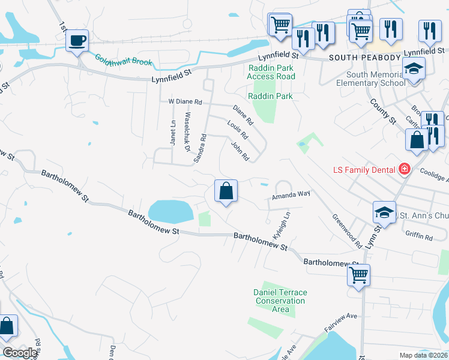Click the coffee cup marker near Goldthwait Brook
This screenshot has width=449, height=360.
[x=77, y=41]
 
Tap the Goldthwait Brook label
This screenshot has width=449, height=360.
[x=123, y=60]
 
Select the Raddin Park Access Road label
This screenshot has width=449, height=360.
[x=271, y=72]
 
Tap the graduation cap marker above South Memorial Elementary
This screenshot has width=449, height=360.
[x=414, y=68]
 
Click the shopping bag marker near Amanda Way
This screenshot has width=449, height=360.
[x=226, y=191]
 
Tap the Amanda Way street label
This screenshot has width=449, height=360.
[x=291, y=194]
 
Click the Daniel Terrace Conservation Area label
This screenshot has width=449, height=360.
[x=280, y=301]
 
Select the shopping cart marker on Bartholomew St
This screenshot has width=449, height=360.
[x=358, y=275]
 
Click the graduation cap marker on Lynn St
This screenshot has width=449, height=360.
[x=384, y=212]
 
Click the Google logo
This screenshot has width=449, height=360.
[x=20, y=353]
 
